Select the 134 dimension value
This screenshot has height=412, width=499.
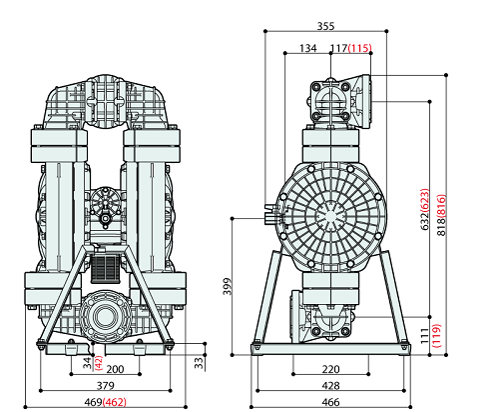tap(308, 47)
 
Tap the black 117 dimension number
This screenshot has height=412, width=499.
tap(338, 47)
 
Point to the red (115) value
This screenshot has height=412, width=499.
tap(360, 47)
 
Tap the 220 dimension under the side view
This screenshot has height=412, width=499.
tap(329, 369)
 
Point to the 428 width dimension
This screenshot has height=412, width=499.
tap(329, 384)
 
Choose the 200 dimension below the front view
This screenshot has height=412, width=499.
tap(116, 369)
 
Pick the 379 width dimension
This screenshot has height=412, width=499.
tap(104, 384)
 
